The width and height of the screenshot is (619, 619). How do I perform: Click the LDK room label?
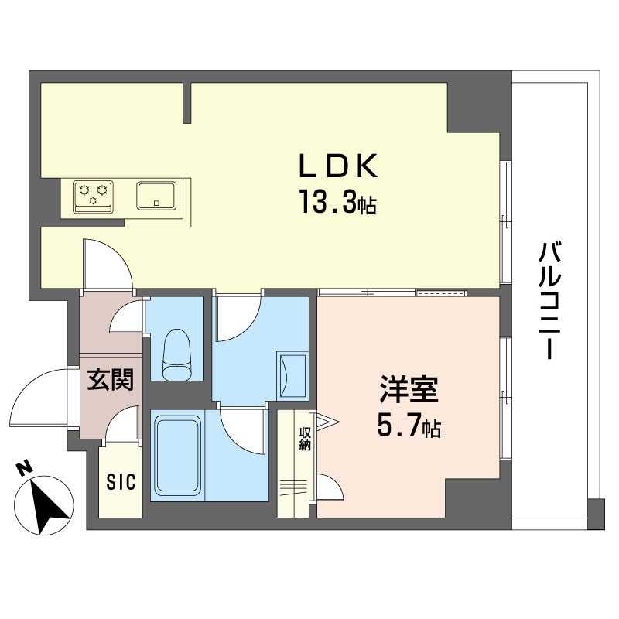pyautogui.click(x=339, y=166)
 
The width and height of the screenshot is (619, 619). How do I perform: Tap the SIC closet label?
pyautogui.click(x=121, y=483)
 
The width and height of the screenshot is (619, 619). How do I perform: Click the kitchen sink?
pyautogui.click(x=158, y=194)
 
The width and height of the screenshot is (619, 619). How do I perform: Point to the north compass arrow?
pyautogui.click(x=49, y=508)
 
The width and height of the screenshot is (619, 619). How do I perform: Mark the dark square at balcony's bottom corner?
pyautogui.click(x=594, y=515)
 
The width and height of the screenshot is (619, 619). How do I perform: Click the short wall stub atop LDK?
pyautogui.click(x=186, y=103)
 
